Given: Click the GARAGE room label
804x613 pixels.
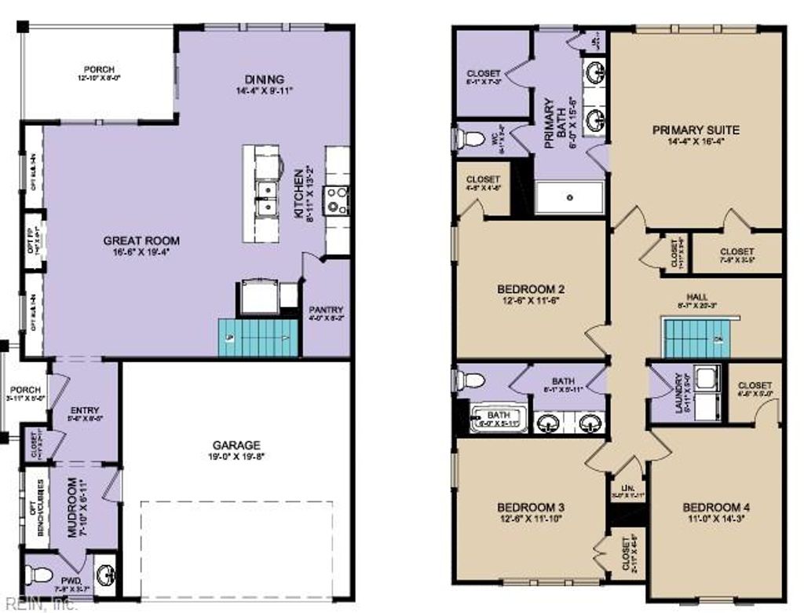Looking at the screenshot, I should point(236,445).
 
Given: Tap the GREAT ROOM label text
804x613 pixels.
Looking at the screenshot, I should point(141,241).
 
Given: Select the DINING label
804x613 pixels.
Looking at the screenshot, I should point(264,79).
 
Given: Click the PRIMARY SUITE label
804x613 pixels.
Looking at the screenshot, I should point(696,130).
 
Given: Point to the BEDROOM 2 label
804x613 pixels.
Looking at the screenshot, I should point(531,288).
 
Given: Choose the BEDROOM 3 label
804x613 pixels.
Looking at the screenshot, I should point(531,506).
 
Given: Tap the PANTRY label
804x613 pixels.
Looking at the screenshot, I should point(326,309).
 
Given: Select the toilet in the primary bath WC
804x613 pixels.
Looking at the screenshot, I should point(470,140).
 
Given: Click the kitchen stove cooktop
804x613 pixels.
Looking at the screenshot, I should point(338,200).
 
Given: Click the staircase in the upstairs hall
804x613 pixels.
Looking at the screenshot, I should point(696,336).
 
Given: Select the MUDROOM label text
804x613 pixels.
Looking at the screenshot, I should point(72,507).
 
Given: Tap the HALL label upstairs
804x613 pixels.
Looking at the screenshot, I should point(696,297).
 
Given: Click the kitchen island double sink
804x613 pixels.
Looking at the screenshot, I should point(268,198).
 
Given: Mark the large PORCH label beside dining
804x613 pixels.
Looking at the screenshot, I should point(100,70).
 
